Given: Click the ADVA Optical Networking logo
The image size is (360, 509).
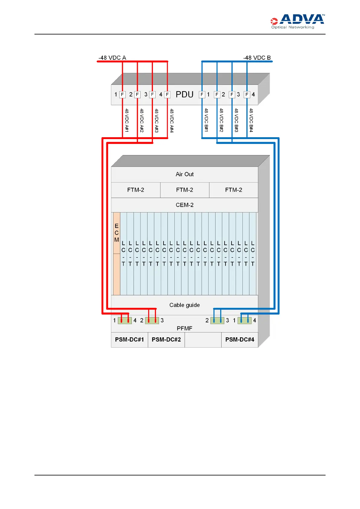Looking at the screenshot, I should coord(297,21).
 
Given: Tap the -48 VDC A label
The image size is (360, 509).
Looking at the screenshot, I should coord(112,58).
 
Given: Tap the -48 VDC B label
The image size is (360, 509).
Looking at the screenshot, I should coord(257,58).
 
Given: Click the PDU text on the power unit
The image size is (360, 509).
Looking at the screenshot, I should coord(184,95).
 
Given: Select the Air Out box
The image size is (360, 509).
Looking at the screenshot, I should coord(184,174).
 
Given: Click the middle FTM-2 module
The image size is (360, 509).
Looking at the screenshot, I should coord(184,190).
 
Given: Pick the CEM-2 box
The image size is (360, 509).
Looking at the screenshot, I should coord(184,205).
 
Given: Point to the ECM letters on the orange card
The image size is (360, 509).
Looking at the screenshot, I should coord(117,233).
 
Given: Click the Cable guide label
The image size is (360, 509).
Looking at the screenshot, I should coord(184,305).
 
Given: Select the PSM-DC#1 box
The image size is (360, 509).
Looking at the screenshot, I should coord(129,340).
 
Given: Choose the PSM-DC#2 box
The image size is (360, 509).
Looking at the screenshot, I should coord(166,340).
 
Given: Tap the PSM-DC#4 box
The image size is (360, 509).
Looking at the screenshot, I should coord(240,340).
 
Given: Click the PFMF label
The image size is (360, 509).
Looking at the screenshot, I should coord(184,328).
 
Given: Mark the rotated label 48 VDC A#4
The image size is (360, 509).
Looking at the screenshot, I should coord(172,121).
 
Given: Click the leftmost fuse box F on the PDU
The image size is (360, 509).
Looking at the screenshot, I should coord(122,95).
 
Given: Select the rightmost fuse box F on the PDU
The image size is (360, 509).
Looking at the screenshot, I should coord(247,95).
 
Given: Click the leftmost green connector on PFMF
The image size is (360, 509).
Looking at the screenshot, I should coord(125,320).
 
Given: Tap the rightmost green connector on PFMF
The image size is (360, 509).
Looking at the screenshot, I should coord(245,320).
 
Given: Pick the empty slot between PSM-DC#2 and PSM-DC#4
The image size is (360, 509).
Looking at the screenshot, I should coord(203,340).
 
